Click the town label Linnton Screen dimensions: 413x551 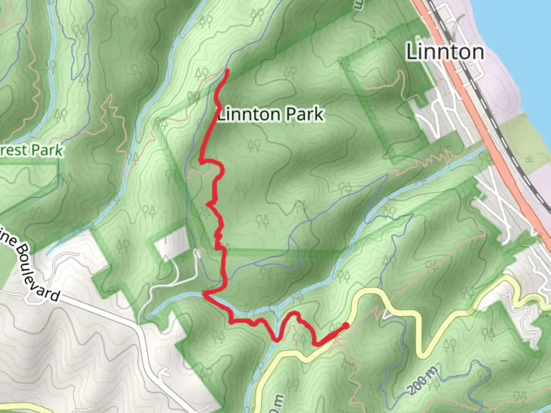click(445, 52)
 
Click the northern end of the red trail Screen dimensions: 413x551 click(227, 70)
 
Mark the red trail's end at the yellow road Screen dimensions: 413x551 click(346, 325)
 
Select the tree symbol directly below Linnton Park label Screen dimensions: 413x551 click(254, 145)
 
